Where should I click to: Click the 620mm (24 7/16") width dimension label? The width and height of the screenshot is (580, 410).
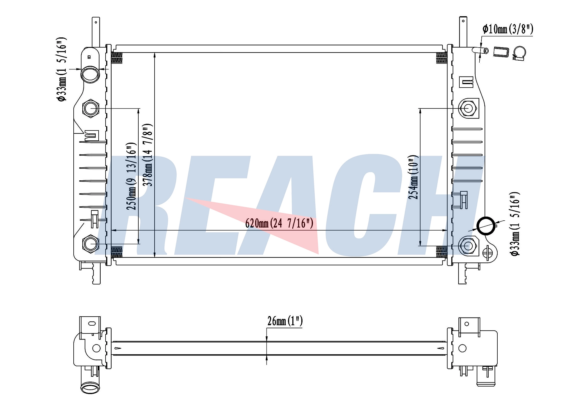click(279, 223)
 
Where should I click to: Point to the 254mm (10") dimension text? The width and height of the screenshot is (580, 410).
click(414, 177)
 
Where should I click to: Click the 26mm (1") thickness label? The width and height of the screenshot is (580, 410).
click(285, 321)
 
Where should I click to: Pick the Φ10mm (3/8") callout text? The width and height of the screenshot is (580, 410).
click(508, 29)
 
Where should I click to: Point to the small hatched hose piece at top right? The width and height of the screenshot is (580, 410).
click(501, 52)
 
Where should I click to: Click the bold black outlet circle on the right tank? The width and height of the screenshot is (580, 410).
click(486, 226)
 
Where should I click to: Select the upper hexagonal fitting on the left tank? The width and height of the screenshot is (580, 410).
click(91, 108)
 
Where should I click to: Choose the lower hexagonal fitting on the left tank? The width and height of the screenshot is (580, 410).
click(91, 244)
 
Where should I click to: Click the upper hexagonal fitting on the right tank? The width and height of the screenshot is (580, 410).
click(468, 108)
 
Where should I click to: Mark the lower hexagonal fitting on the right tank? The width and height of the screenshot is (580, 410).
click(467, 246)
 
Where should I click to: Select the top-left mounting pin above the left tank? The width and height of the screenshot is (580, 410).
click(96, 32)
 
